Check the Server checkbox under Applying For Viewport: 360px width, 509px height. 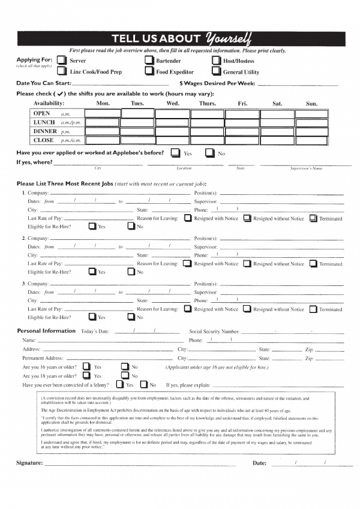(x=61, y=61)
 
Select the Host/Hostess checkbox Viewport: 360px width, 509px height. (x=216, y=61)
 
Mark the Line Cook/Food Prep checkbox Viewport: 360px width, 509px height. (x=61, y=71)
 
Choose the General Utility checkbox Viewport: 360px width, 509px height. (x=216, y=71)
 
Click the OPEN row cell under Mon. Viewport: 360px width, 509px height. (x=103, y=113)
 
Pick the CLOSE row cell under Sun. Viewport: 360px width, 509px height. (x=311, y=140)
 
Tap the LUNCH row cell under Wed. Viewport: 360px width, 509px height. (x=173, y=122)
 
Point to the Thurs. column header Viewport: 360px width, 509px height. (x=208, y=104)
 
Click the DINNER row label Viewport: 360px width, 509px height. (x=46, y=131)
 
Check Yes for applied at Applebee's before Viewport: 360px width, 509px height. (x=175, y=153)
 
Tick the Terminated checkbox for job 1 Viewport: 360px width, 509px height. (x=313, y=218)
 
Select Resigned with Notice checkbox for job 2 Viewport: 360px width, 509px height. (x=188, y=263)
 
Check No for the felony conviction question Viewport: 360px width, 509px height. (x=144, y=384)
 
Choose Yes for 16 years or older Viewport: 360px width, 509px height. (x=86, y=366)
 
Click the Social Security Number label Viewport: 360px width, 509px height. (x=214, y=331)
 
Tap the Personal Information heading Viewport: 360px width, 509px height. (x=46, y=331)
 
